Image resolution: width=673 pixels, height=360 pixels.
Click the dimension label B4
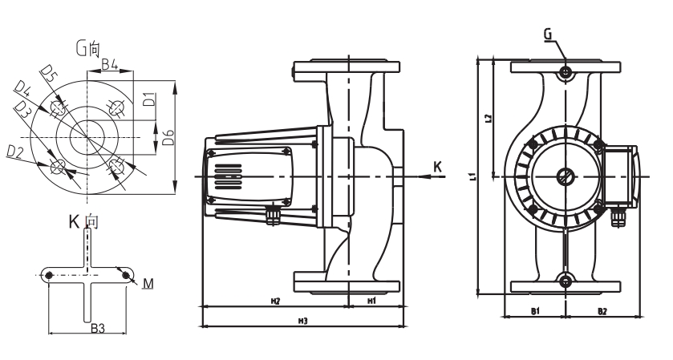click(110, 63)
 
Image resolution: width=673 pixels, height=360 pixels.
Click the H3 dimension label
click(303, 321)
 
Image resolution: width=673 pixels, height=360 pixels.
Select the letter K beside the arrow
click(436, 166)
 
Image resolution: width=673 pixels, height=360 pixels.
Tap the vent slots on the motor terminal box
click(228, 175)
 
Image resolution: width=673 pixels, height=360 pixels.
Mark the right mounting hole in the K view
click(126, 275)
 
